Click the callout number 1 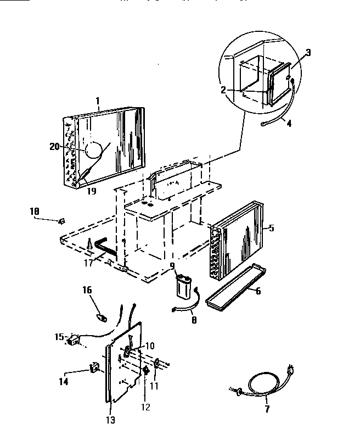point(98,101)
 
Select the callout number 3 point(308,53)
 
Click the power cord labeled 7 point(258,384)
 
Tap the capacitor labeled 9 point(183,285)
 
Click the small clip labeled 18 point(61,220)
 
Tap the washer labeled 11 point(156,363)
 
